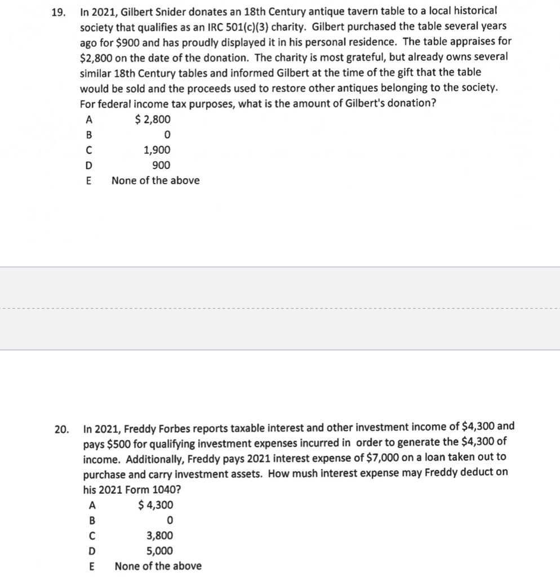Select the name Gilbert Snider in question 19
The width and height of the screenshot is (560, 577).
[x=149, y=11]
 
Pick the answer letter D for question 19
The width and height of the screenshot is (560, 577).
[x=88, y=166]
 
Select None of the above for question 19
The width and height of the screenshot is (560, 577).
[x=155, y=181]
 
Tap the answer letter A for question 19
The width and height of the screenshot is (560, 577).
[x=88, y=119]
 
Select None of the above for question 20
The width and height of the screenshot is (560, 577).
[x=158, y=566]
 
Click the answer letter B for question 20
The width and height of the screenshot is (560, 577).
[x=91, y=520]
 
